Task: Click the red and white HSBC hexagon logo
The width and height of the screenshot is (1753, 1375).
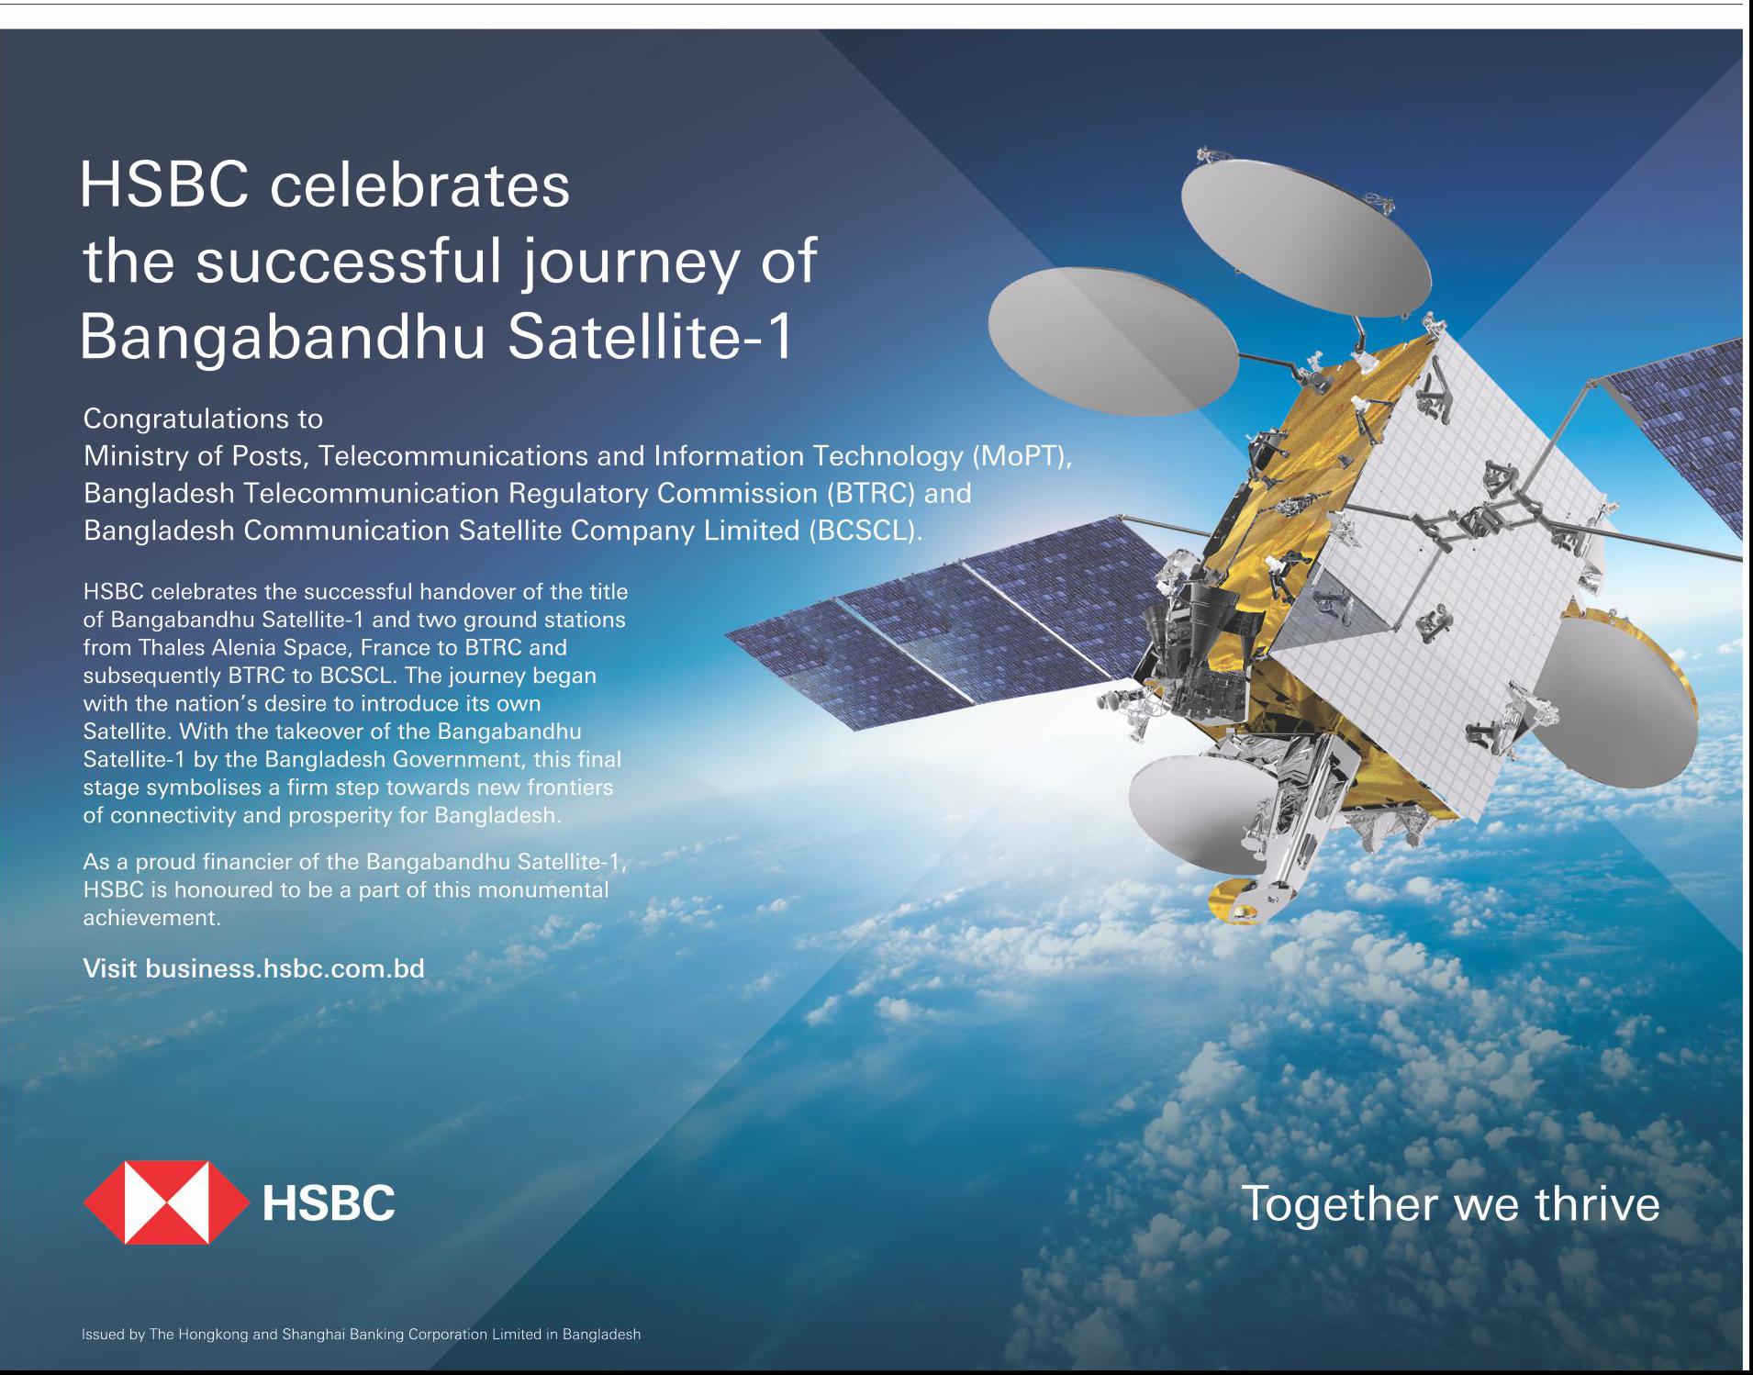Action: click(166, 1202)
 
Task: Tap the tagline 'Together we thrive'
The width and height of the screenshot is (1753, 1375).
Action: click(1450, 1204)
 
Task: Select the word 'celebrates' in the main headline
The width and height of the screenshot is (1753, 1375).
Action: click(420, 185)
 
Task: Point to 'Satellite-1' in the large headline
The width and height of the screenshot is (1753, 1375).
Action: click(651, 337)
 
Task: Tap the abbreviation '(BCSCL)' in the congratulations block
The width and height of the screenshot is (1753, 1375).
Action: click(865, 531)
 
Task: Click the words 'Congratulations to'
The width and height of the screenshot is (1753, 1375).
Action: click(203, 419)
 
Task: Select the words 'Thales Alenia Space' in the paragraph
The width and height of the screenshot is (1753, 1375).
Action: click(243, 647)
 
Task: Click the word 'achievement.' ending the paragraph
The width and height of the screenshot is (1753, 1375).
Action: click(152, 918)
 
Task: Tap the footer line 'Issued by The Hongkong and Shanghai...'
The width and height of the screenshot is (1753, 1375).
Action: click(361, 1334)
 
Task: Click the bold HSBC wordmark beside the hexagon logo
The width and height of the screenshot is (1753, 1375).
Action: click(329, 1202)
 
